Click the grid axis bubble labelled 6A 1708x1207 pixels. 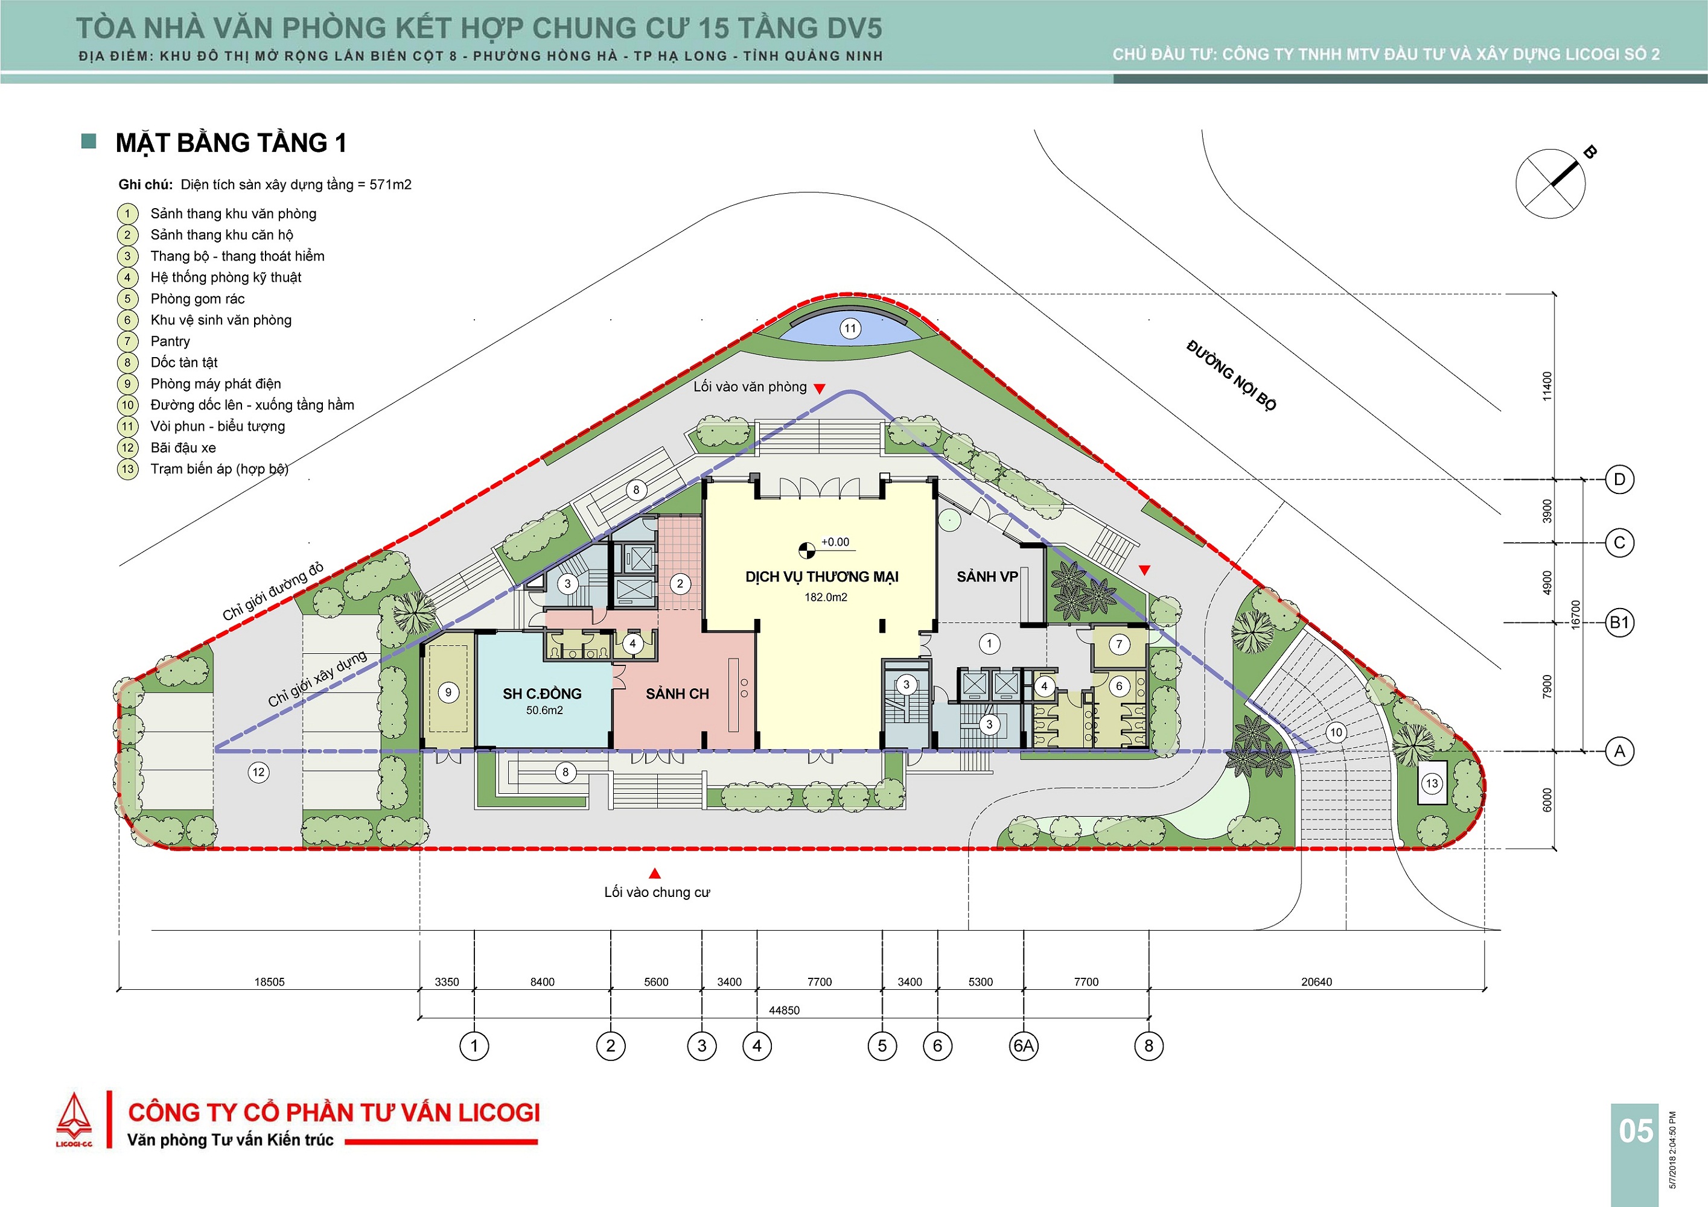(x=1024, y=1045)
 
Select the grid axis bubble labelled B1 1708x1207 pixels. (x=1619, y=622)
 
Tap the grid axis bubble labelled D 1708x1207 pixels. (x=1619, y=479)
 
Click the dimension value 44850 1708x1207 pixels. (x=784, y=1010)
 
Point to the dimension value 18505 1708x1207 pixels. (x=269, y=981)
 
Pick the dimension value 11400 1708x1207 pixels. (x=1547, y=387)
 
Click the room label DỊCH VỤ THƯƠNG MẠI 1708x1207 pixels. (x=822, y=576)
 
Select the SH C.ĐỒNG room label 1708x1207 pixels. (x=543, y=693)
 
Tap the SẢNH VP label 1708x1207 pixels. (x=987, y=576)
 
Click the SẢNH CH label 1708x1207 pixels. (x=677, y=693)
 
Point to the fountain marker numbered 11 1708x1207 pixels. (x=850, y=328)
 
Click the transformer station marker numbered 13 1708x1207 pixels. (x=1432, y=782)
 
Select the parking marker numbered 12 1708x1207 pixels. (x=258, y=772)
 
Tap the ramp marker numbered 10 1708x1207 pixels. (x=1336, y=732)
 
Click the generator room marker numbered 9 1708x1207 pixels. (x=448, y=692)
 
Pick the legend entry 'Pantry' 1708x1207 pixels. (x=170, y=341)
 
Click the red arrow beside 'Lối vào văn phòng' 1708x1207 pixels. (x=819, y=388)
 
